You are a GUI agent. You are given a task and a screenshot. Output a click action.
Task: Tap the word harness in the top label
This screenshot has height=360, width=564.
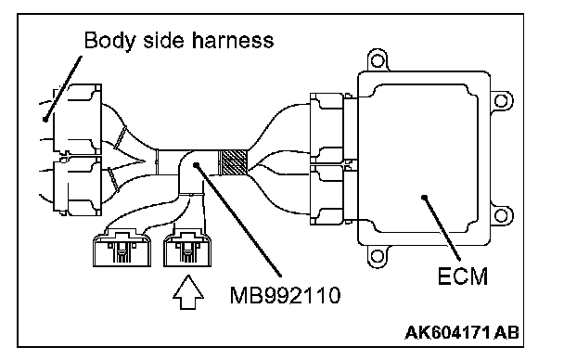pyautogui.click(x=232, y=40)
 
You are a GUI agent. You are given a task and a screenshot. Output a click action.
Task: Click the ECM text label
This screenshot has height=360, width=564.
pyautogui.click(x=463, y=276)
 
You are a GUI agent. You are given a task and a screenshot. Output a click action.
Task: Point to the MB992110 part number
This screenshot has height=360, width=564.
pyautogui.click(x=285, y=296)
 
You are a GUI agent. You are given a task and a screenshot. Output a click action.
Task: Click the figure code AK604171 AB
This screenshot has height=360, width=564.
pyautogui.click(x=462, y=333)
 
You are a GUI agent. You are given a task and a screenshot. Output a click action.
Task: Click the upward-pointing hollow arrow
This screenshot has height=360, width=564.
pyautogui.click(x=188, y=292)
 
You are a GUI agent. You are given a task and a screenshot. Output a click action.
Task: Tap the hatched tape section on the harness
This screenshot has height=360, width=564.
pyautogui.click(x=233, y=163)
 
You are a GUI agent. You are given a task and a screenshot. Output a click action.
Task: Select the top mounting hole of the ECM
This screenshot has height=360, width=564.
pyautogui.click(x=377, y=60)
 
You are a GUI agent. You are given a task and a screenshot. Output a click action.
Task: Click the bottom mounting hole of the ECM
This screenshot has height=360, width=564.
pyautogui.click(x=377, y=256)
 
